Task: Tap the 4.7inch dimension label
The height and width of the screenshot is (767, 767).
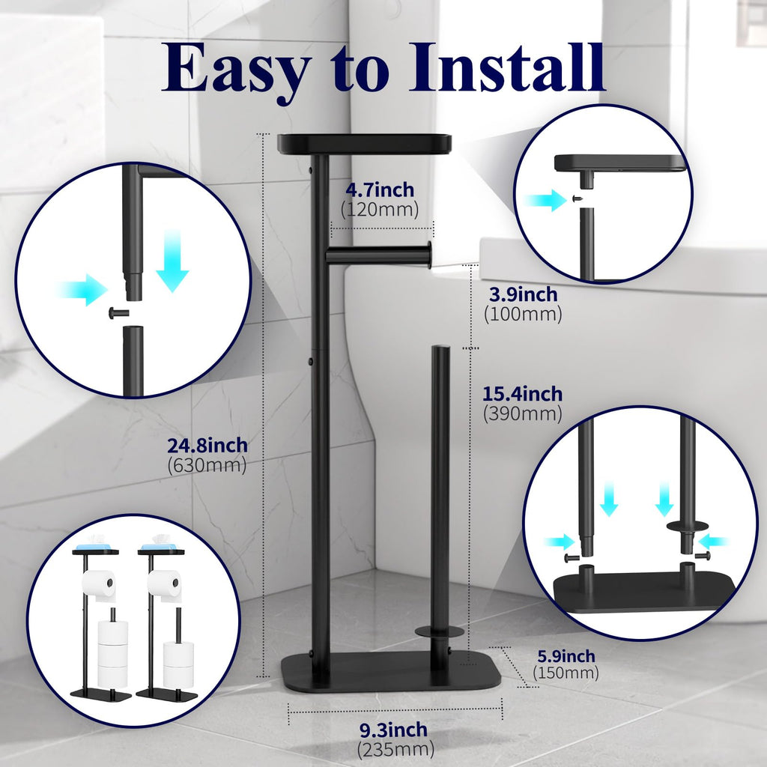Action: [x=380, y=190]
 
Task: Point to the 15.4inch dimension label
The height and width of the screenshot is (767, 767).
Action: [x=522, y=393]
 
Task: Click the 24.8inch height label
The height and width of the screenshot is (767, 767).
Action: [x=207, y=446]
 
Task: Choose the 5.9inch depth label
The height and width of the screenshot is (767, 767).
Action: [x=566, y=656]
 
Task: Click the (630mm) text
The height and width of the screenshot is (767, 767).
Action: [x=207, y=465]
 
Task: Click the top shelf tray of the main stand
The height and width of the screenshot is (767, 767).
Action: [x=364, y=143]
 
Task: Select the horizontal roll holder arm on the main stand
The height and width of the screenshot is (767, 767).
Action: [x=378, y=256]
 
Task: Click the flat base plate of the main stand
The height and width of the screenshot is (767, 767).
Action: [x=389, y=672]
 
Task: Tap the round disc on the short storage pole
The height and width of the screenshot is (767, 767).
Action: [x=440, y=631]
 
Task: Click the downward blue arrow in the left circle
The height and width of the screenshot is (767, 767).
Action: [x=172, y=270]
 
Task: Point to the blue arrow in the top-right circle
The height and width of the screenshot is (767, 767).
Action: [x=544, y=199]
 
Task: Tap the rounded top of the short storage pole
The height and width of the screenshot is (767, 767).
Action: [x=440, y=350]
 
